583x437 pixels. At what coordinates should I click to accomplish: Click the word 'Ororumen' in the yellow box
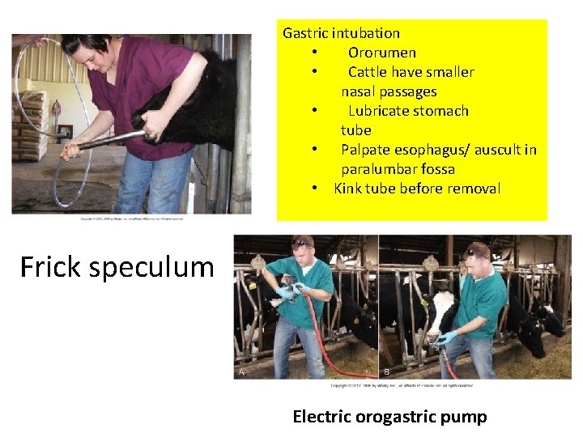(382, 53)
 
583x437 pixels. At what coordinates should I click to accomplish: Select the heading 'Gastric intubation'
(341, 33)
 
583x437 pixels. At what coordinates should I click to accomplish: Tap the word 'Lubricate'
(381, 111)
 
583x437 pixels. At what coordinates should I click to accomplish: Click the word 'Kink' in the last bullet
(347, 189)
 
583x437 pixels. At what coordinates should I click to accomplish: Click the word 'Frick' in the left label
(50, 266)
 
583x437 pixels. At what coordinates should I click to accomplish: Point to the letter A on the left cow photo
(240, 371)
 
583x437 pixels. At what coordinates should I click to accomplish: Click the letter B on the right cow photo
(386, 371)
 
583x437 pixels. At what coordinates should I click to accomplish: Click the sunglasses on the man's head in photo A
(303, 242)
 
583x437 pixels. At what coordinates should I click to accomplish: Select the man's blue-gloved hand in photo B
(448, 337)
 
